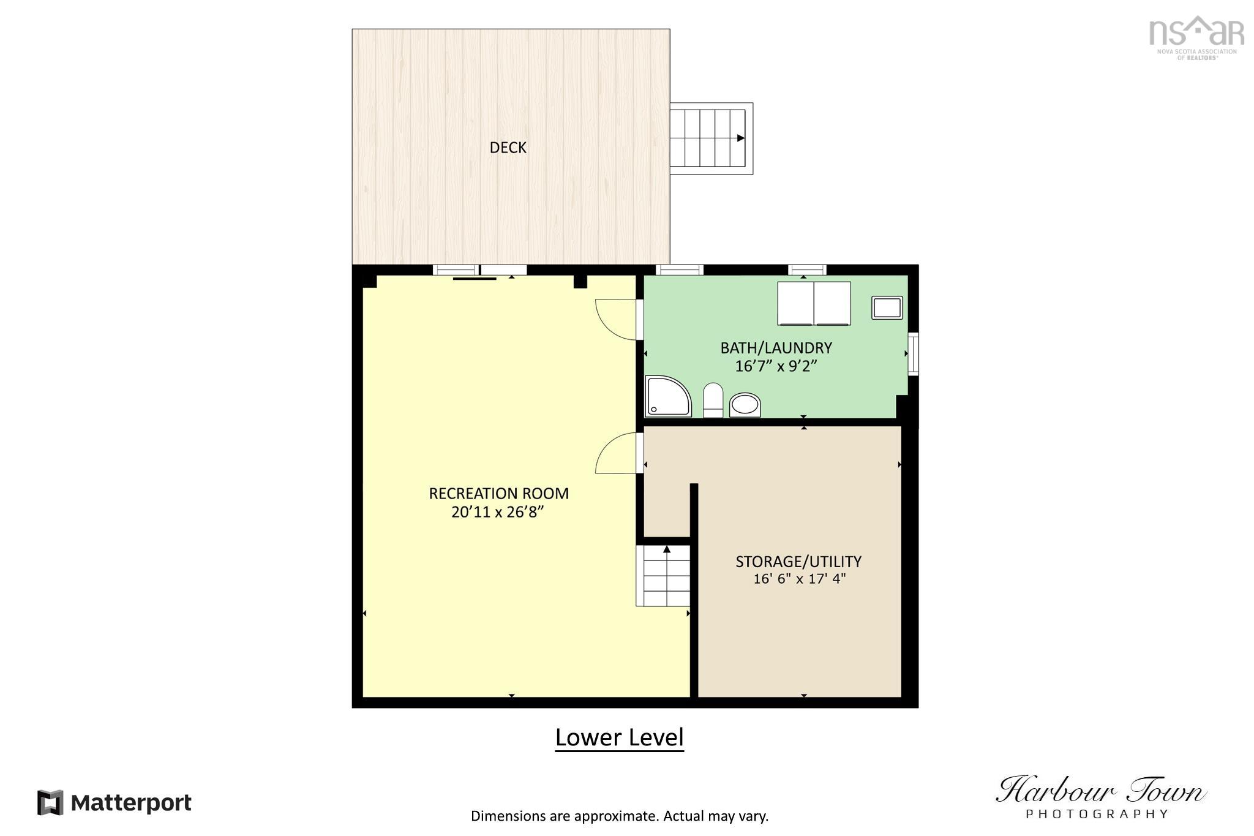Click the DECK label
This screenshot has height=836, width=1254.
(508, 148)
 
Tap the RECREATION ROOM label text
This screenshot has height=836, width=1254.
(498, 493)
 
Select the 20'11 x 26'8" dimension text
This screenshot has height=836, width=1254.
(498, 512)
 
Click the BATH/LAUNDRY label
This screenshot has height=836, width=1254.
(776, 348)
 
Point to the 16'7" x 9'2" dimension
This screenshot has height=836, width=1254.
(776, 366)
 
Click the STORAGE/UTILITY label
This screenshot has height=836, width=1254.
(798, 561)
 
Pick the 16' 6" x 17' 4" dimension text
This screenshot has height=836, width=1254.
(799, 579)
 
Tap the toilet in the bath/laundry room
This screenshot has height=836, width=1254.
(713, 400)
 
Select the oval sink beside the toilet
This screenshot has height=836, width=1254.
(745, 405)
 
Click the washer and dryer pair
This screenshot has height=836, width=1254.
(814, 303)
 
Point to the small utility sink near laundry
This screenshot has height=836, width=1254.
(887, 307)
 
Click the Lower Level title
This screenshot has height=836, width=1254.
(619, 737)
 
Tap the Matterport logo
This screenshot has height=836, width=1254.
(115, 802)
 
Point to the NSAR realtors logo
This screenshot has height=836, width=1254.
(1196, 37)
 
